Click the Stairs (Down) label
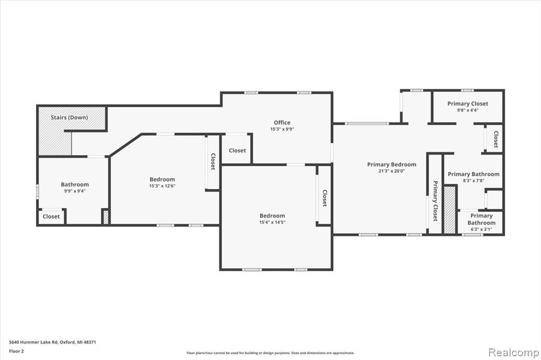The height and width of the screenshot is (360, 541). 69,117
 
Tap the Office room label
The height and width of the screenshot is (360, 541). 282,122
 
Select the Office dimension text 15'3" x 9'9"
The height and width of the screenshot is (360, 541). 282,129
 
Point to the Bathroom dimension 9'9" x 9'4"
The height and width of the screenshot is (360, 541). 74,191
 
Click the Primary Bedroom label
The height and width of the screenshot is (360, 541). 391,165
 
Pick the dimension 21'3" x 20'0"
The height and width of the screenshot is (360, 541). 391,170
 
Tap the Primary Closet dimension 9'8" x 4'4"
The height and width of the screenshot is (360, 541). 468,110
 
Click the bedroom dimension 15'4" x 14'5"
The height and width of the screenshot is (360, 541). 272,222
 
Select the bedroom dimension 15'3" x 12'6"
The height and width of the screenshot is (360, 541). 162,185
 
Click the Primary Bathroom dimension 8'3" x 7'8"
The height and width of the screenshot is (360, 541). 473,181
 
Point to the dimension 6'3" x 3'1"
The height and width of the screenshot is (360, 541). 481,229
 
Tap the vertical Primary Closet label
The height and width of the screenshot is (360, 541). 435,201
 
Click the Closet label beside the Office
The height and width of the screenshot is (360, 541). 237,150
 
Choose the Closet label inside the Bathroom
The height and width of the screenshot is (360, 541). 51,216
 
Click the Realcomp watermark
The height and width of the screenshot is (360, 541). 514,353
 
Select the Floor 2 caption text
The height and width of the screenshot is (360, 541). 16,352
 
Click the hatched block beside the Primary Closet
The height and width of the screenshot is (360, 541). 450,210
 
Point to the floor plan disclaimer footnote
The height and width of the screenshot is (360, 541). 270,353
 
